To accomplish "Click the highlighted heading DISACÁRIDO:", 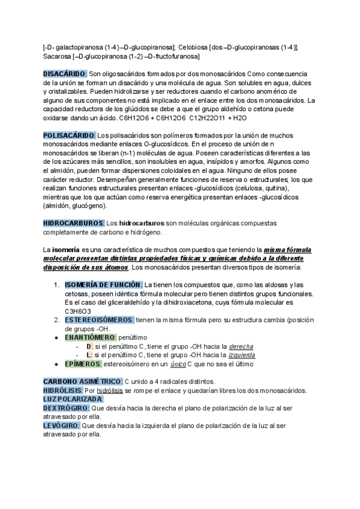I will (x=65, y=73).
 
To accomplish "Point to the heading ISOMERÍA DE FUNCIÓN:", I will (x=103, y=284).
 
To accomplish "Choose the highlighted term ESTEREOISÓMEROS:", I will (x=100, y=320).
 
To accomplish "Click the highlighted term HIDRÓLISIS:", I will (x=62, y=390).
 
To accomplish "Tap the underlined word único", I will (x=178, y=364).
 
